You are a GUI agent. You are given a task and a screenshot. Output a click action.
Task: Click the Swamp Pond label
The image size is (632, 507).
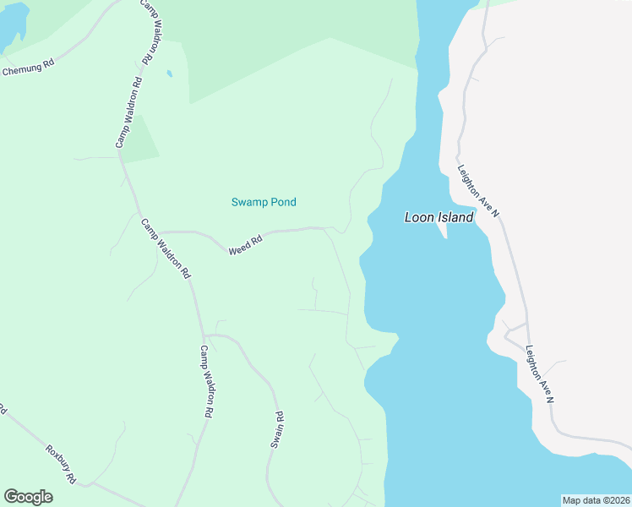(264, 202)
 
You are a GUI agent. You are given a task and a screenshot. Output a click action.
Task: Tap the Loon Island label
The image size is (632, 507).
(439, 216)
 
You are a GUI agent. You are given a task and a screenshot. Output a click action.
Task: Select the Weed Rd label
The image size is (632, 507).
(246, 245)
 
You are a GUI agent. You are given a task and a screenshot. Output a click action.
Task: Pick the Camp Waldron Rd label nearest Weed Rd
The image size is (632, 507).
(166, 249)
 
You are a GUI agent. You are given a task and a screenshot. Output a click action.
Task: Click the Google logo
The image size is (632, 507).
(28, 497)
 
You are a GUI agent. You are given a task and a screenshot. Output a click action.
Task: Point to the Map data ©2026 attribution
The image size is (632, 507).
(596, 500)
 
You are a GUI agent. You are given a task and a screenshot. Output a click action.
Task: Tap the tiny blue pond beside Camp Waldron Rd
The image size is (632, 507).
(169, 74)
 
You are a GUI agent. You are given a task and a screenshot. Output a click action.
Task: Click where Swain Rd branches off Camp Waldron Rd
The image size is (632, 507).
(204, 335)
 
